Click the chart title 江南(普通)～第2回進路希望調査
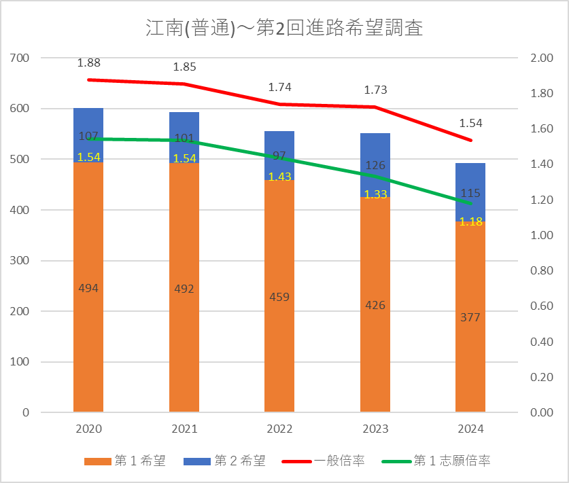[284, 29]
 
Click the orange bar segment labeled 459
[279, 326]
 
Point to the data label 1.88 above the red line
[88, 63]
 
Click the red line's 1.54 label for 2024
[470, 123]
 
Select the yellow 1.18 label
[470, 221]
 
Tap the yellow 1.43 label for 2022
[279, 176]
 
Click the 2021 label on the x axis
[184, 429]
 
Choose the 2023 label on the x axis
[375, 429]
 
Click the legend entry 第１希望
[132, 461]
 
